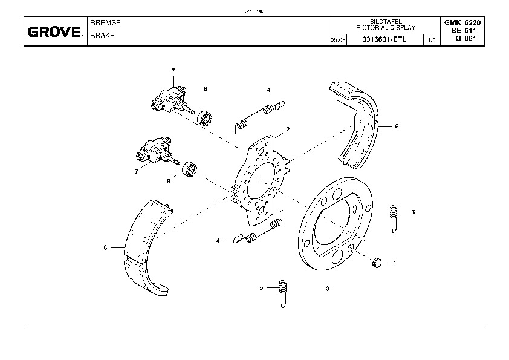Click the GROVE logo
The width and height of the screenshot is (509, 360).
[x=54, y=32]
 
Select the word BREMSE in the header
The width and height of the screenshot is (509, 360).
[x=105, y=22]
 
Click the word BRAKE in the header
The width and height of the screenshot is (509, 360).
[x=102, y=35]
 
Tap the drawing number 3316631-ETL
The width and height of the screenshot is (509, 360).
[x=384, y=40]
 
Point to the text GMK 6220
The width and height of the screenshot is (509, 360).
[x=462, y=22]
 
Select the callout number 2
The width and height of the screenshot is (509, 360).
[x=288, y=129]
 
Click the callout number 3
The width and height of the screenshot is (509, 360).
[x=327, y=289]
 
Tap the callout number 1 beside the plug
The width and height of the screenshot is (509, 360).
[x=395, y=263]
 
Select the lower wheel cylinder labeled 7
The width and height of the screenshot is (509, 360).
[x=156, y=152]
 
